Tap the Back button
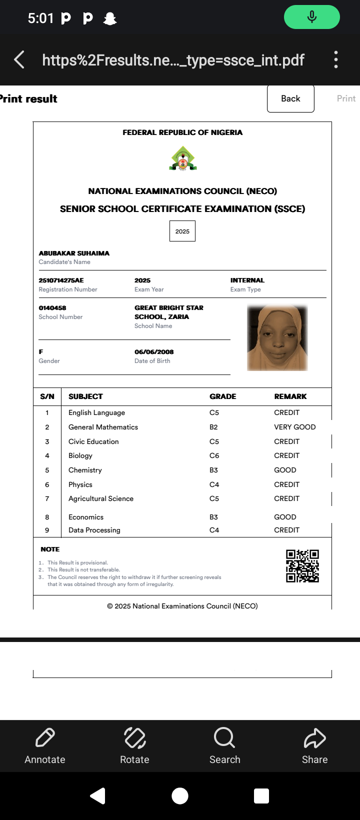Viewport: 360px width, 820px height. (290, 98)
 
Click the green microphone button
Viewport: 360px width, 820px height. (311, 17)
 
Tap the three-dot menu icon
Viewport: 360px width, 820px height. (336, 59)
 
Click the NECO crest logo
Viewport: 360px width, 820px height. (183, 158)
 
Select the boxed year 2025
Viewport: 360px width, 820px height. (182, 231)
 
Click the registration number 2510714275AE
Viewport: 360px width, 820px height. (61, 280)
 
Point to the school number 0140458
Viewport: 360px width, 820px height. (52, 308)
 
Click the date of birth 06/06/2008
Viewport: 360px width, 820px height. (154, 352)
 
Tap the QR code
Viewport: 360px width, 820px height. (302, 566)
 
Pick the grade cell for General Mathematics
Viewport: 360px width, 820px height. (213, 427)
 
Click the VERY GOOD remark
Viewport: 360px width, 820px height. (295, 427)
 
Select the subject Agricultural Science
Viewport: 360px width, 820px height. (101, 498)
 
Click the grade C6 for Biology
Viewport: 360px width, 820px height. (214, 455)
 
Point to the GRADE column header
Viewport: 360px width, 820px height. (222, 396)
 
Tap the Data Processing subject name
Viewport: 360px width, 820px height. (94, 530)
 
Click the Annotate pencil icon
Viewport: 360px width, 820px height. (45, 737)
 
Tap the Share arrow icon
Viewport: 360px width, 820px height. (314, 737)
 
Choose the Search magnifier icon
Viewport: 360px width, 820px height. (224, 737)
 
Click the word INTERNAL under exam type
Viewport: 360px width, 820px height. (247, 280)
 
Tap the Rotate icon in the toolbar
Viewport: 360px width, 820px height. (134, 737)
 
